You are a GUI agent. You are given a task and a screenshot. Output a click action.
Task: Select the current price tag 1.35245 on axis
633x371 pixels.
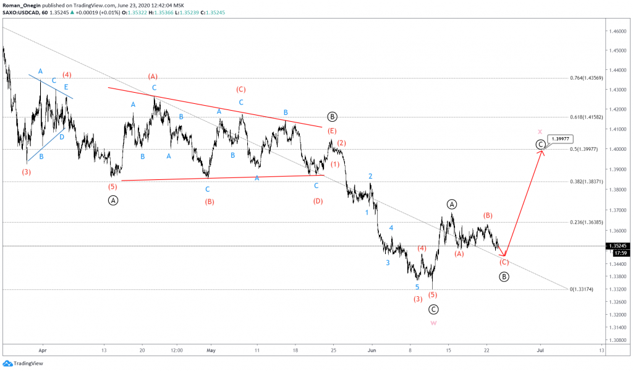tap(618, 245)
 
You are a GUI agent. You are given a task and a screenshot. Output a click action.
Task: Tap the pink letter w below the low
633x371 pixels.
tap(434, 323)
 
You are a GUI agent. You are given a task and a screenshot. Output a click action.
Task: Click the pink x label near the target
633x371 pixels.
tap(540, 132)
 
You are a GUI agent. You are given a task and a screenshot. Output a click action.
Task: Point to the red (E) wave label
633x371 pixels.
tap(333, 130)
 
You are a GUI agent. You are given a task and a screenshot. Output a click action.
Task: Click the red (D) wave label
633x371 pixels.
tap(318, 200)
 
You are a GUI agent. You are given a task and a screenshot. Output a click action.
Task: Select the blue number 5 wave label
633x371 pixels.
tap(417, 287)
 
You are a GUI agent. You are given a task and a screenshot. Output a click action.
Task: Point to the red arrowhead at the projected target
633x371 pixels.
tap(542, 151)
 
